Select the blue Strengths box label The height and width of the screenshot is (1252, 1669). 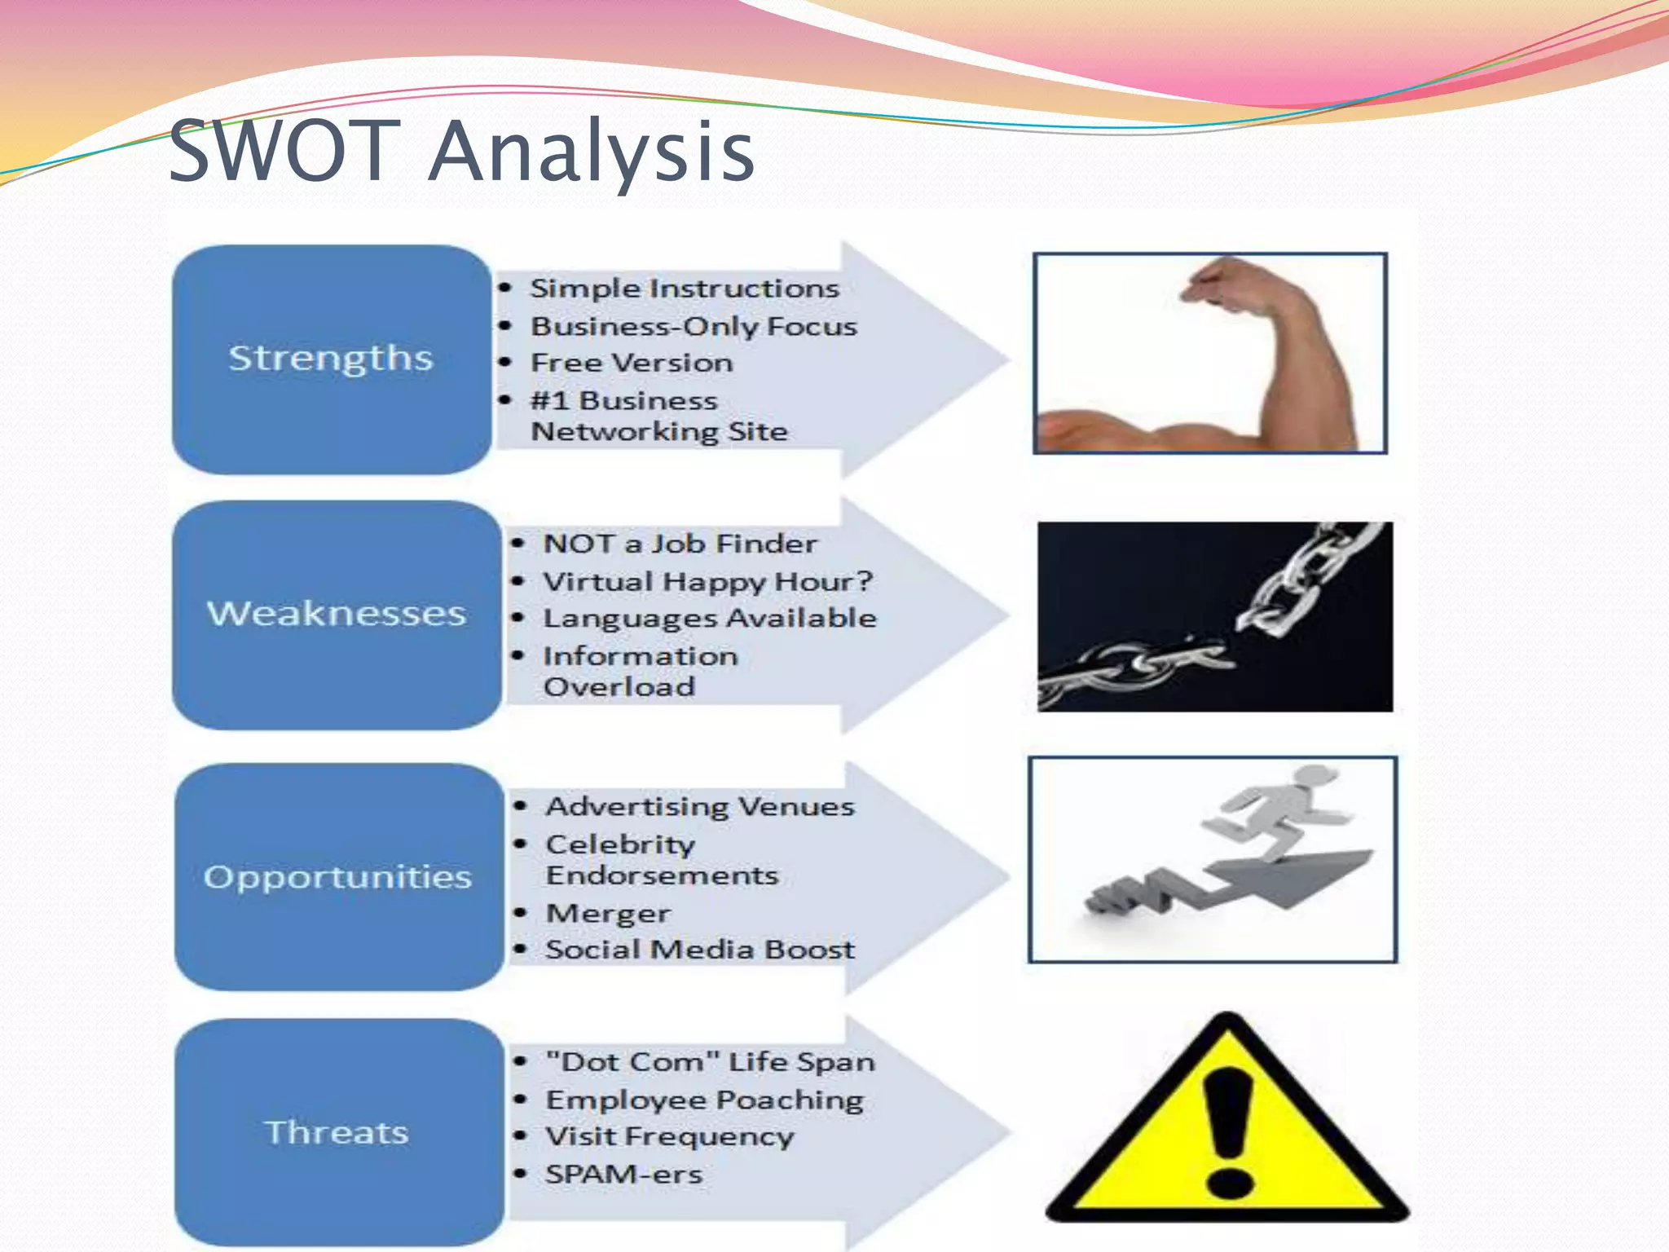pyautogui.click(x=330, y=359)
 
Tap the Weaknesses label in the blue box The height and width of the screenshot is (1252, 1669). pyautogui.click(x=337, y=614)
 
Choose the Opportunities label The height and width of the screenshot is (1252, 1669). pyautogui.click(x=337, y=878)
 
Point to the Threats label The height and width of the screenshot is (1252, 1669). pyautogui.click(x=337, y=1133)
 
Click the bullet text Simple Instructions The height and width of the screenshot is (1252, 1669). pyautogui.click(x=684, y=289)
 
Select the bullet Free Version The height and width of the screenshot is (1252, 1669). pyautogui.click(x=632, y=363)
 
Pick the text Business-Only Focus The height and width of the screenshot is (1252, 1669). pyautogui.click(x=694, y=326)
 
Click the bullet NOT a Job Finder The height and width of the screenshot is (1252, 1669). pyautogui.click(x=680, y=544)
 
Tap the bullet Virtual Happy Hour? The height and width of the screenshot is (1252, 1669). pyautogui.click(x=707, y=581)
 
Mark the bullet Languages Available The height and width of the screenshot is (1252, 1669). pyautogui.click(x=710, y=618)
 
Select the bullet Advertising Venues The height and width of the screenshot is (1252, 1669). pyautogui.click(x=700, y=807)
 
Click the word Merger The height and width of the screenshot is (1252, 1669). pyautogui.click(x=608, y=914)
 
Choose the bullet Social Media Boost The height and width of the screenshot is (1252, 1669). pyautogui.click(x=700, y=950)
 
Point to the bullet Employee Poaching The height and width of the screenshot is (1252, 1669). pyautogui.click(x=704, y=1100)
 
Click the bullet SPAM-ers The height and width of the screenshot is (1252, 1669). pyautogui.click(x=623, y=1175)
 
